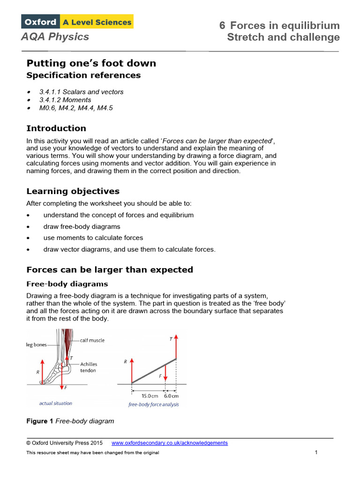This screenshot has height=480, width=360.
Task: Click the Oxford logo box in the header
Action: (39, 22)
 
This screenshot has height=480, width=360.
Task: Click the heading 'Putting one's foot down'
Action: (91, 63)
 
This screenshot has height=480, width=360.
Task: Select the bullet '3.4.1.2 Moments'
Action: (65, 100)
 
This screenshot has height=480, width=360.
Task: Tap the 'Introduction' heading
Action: (56, 128)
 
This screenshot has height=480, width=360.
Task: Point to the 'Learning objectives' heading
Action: (73, 191)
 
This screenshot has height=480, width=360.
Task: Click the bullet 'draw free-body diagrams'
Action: (82, 226)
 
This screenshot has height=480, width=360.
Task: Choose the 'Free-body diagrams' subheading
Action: (67, 284)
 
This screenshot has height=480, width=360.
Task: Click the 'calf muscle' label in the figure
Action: (92, 340)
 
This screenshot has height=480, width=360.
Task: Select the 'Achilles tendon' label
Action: (88, 367)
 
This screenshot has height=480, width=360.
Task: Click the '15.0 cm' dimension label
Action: (150, 396)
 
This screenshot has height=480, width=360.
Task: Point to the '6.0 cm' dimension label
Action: (171, 396)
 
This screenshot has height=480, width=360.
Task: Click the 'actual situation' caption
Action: (56, 403)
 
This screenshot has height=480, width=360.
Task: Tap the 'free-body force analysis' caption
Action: (154, 405)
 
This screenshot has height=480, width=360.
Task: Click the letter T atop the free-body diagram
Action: (170, 338)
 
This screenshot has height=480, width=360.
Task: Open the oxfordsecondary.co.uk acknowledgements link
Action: (170, 443)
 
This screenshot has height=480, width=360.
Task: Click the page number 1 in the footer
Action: (316, 452)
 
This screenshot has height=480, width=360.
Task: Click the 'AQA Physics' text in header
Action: (55, 37)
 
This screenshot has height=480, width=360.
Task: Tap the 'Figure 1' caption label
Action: (40, 421)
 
